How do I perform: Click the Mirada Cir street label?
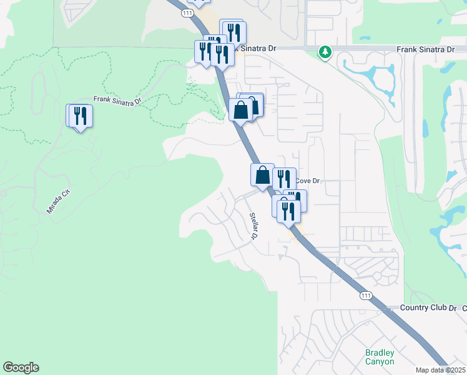[x=59, y=202]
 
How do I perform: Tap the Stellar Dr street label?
[x=254, y=226]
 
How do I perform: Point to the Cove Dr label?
[x=307, y=181]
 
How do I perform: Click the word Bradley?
[x=380, y=352]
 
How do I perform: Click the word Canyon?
[x=380, y=361]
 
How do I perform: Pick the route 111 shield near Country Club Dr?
[x=365, y=296]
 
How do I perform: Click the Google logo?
[x=21, y=367]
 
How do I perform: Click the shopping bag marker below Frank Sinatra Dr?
[x=241, y=111]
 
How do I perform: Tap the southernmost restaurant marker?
[x=288, y=211]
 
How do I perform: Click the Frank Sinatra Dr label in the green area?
[x=118, y=99]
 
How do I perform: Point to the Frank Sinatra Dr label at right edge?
[x=425, y=49]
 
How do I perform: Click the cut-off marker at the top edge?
[x=199, y=2]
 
